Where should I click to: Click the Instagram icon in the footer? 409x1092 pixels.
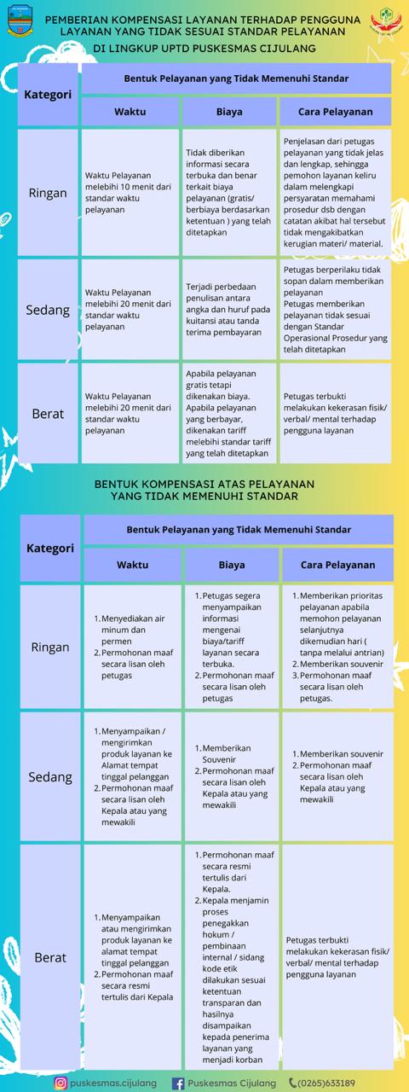(x=61, y=1083)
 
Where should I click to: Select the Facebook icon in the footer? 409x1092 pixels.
(x=178, y=1083)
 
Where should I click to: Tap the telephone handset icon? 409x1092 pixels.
(x=293, y=1083)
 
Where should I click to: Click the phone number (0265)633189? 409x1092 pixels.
(x=328, y=1083)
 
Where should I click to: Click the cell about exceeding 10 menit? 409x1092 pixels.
(x=130, y=193)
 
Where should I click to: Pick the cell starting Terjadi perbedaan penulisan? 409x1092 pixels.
(x=229, y=310)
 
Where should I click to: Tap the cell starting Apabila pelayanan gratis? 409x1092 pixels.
(x=229, y=414)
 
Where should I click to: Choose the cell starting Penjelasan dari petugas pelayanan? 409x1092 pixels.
(x=336, y=193)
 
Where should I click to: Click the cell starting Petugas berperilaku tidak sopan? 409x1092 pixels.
(x=336, y=310)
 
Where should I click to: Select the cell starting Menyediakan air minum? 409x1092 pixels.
(x=130, y=647)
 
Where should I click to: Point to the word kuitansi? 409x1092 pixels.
(x=203, y=321)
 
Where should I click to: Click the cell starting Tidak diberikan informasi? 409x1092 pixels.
(x=229, y=193)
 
